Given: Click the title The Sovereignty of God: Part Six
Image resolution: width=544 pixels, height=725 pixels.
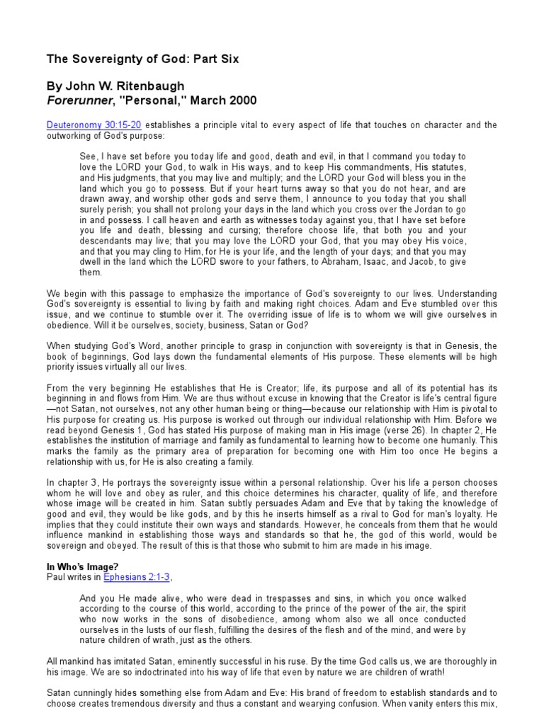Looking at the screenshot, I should click(142, 59).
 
